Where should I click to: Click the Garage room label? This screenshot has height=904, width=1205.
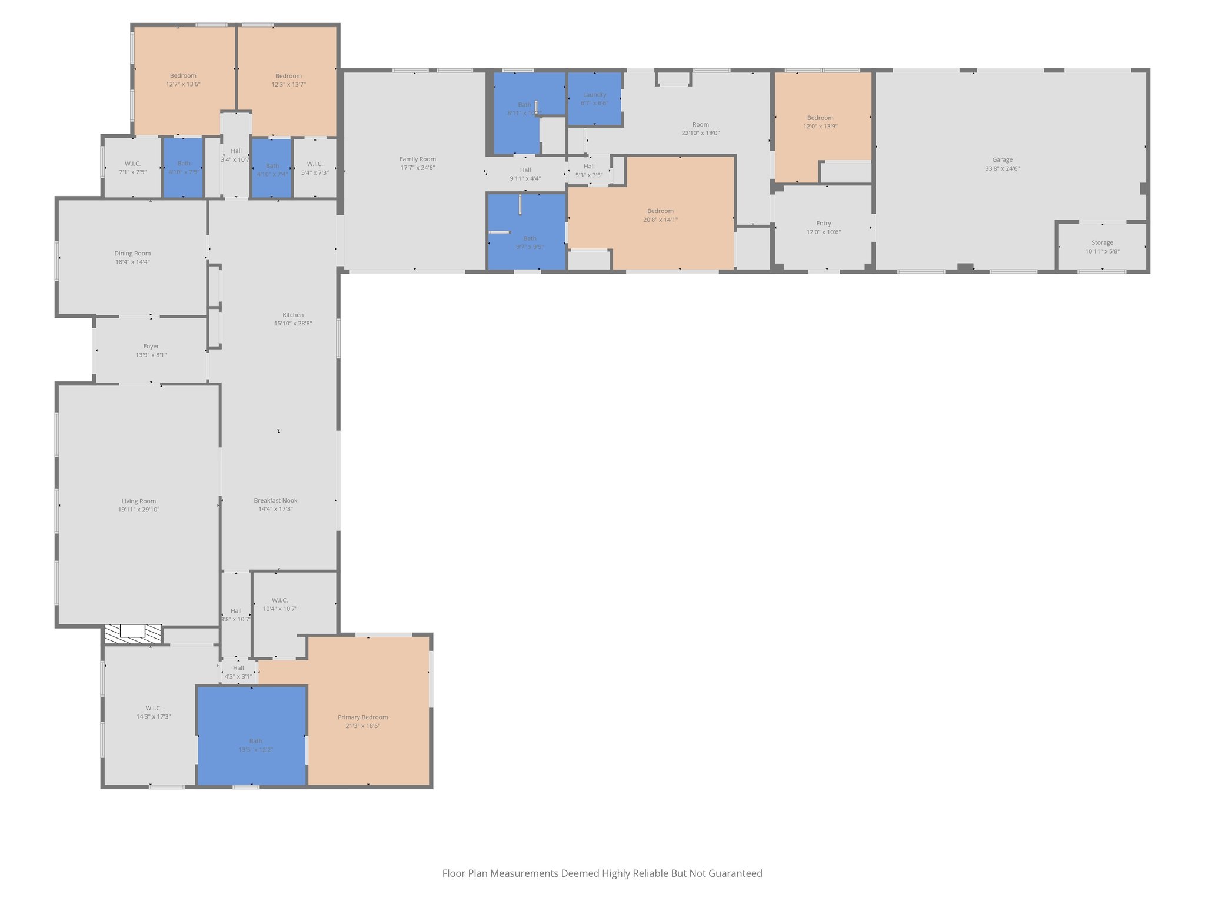coord(1002,159)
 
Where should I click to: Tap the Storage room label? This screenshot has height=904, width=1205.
coord(1102,242)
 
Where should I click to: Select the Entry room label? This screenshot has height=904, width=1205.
coord(823,224)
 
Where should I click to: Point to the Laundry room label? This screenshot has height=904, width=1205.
coord(594,95)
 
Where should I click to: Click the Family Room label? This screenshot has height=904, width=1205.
coord(418,159)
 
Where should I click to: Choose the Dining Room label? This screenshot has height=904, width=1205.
coord(132,254)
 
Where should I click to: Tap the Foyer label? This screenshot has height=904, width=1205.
coord(151,347)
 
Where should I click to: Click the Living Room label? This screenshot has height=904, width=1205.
coord(139,501)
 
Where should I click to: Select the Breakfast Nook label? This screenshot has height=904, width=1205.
coord(275,501)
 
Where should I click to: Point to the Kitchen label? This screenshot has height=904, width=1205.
coord(293,315)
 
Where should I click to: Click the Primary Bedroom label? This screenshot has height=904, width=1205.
coord(362,717)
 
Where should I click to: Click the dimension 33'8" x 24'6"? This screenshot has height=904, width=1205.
coord(1002,169)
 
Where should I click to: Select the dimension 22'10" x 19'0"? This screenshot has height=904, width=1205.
coord(700,134)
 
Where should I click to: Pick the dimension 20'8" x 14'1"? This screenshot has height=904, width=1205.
coord(660,220)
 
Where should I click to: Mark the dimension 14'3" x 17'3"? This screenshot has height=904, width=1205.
coord(154,717)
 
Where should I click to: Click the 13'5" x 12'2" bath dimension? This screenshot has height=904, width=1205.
coord(255,750)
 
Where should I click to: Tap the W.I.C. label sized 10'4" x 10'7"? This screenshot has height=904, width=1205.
coord(279,600)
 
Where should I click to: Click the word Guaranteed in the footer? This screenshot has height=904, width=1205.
coord(735,873)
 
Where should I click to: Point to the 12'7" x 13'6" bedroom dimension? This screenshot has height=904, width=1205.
coord(183,85)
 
